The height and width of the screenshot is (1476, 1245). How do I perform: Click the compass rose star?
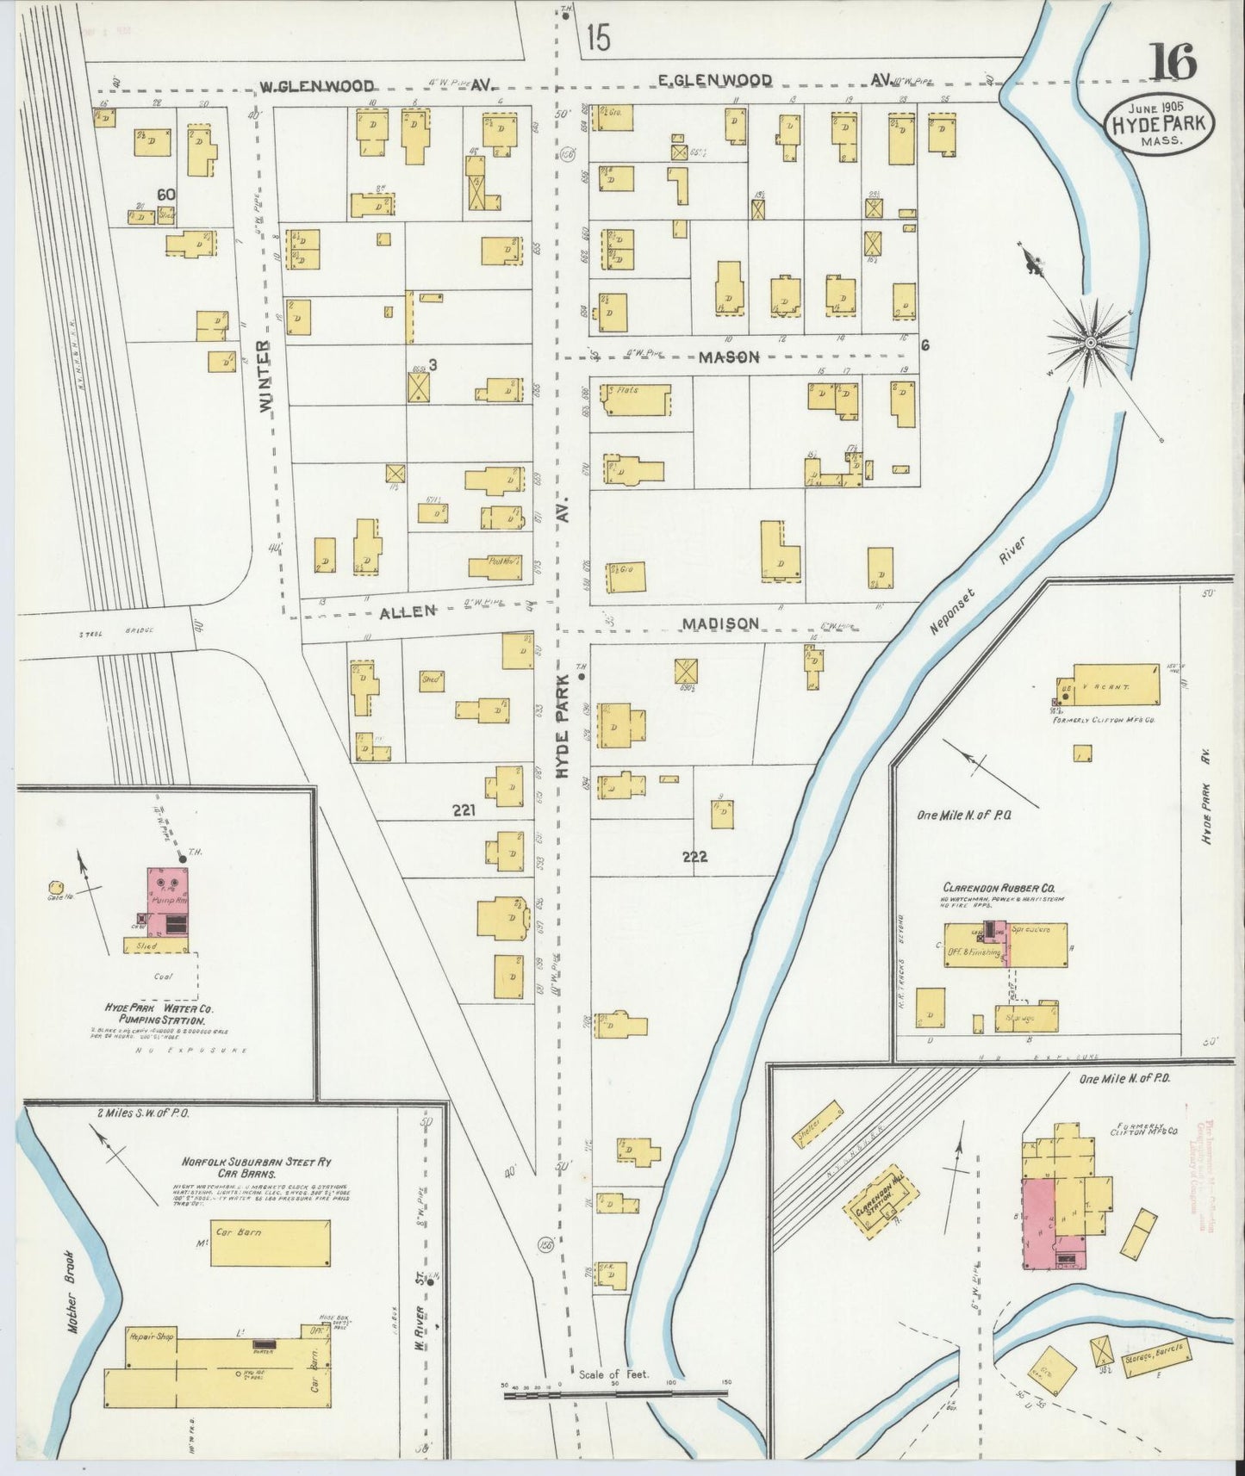pos(1090,342)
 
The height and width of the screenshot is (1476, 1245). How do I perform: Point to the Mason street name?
pos(728,357)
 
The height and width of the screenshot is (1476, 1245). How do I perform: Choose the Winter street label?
pos(265,374)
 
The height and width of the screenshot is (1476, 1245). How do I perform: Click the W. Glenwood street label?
pos(318,85)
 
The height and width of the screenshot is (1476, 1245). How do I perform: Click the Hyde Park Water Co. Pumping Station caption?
pos(159,1014)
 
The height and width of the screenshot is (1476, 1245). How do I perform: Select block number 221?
pos(462,809)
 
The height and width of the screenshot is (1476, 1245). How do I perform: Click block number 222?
pos(694,856)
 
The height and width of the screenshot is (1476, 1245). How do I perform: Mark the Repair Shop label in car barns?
pos(151,1336)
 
